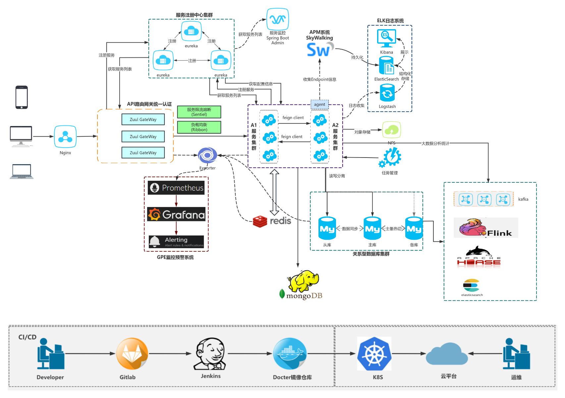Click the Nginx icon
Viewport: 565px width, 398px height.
[x=65, y=137]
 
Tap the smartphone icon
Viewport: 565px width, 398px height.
[x=22, y=97]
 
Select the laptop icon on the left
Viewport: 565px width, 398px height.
[x=22, y=171]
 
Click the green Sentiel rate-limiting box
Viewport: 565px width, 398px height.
[x=199, y=112]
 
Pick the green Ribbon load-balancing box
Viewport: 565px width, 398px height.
[x=199, y=127]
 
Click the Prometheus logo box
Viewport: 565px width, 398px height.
[x=176, y=188]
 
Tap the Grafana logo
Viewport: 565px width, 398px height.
[x=176, y=215]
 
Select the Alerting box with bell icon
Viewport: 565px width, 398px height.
[x=176, y=242]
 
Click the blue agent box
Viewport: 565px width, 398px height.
[x=319, y=104]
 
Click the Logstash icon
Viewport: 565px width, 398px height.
[x=387, y=93]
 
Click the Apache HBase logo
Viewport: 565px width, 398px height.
[x=479, y=257]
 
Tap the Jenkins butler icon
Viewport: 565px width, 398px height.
[x=210, y=354]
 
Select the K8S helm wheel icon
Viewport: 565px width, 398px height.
[x=374, y=354]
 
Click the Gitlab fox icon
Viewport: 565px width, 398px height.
[x=132, y=354]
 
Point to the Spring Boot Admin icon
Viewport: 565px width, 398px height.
[x=278, y=19]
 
